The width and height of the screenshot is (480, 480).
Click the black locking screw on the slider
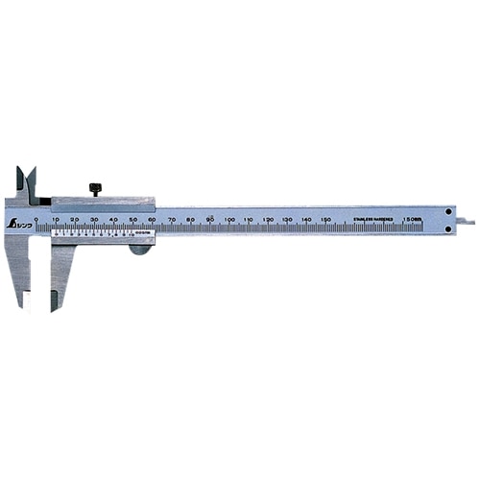[x=95, y=188]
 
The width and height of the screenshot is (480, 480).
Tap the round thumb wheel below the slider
[x=140, y=249]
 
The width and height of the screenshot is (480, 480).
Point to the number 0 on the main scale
[x=36, y=220]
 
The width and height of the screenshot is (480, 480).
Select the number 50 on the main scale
[x=132, y=220]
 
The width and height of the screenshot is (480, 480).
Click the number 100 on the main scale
[x=229, y=220]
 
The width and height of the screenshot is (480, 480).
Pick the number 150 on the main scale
[x=325, y=220]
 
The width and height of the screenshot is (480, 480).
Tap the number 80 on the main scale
[x=191, y=220]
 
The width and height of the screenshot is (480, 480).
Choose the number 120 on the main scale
[x=268, y=220]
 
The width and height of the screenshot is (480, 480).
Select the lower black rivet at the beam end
[x=448, y=230]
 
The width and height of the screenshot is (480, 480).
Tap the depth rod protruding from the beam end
[x=465, y=223]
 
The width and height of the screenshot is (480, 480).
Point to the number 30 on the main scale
[x=94, y=220]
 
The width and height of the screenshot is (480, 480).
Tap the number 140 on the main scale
[x=306, y=220]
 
